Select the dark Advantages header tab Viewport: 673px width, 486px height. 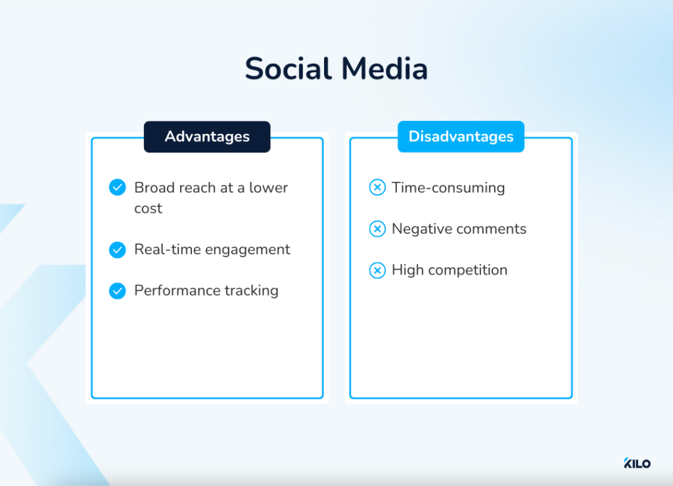tap(207, 137)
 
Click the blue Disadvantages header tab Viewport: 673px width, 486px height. tap(461, 137)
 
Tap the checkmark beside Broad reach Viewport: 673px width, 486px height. tap(117, 188)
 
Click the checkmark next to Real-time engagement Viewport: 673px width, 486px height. tap(117, 250)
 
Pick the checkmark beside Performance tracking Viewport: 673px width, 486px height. tap(117, 291)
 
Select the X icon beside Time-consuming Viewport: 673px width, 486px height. tap(377, 188)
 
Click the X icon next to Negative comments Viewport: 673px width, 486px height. tap(377, 229)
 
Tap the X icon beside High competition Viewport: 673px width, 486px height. tap(377, 270)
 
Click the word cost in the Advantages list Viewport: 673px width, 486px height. tap(148, 209)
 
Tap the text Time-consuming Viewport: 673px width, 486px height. tap(448, 188)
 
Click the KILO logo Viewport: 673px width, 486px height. tap(637, 464)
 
